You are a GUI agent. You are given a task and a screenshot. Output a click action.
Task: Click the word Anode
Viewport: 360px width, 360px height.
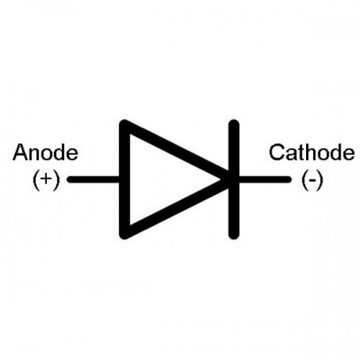45,152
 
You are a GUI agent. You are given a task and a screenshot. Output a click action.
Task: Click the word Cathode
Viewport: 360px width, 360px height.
312,152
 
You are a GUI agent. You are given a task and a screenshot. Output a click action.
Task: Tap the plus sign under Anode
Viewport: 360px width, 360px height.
45,179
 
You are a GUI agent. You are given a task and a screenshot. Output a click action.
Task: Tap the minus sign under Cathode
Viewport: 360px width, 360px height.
312,179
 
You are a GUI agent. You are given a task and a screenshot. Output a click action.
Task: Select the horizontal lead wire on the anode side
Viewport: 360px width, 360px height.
93,179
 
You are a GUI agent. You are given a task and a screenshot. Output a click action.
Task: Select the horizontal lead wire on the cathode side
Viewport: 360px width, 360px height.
265,179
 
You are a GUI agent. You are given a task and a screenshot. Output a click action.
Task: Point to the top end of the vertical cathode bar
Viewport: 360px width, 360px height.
233,121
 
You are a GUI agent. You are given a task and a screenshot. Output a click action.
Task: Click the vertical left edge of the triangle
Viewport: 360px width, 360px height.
125,179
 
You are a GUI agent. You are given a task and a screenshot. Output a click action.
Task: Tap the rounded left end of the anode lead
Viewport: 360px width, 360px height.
70,179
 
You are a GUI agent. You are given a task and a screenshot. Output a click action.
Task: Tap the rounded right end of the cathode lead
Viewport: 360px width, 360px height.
289,179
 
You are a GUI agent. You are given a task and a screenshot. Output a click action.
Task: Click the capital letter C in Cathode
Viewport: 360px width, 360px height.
276,152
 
